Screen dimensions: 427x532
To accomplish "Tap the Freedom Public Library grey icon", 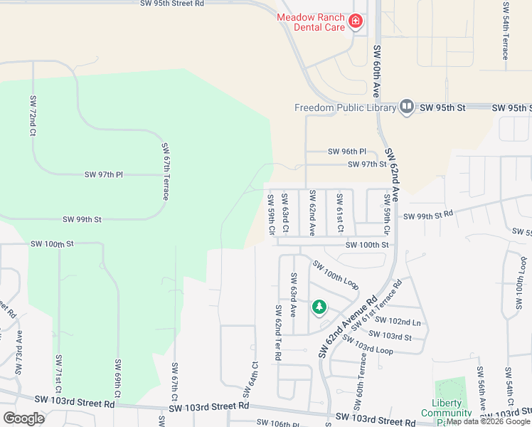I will point(406,107).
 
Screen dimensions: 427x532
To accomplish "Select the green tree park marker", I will point(319,307).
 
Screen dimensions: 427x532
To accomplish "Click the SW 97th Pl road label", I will point(104,174).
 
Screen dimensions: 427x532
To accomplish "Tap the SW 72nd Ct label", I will point(33,115).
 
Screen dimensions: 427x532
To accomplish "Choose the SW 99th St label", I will point(82,220).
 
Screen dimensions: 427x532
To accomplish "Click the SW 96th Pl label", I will point(346,152).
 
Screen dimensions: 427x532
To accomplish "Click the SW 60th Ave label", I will point(376,71).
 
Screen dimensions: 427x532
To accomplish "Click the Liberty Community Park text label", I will point(446,413).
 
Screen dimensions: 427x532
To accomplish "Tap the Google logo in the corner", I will point(23,418).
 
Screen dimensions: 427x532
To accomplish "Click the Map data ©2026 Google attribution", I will point(489,422).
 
